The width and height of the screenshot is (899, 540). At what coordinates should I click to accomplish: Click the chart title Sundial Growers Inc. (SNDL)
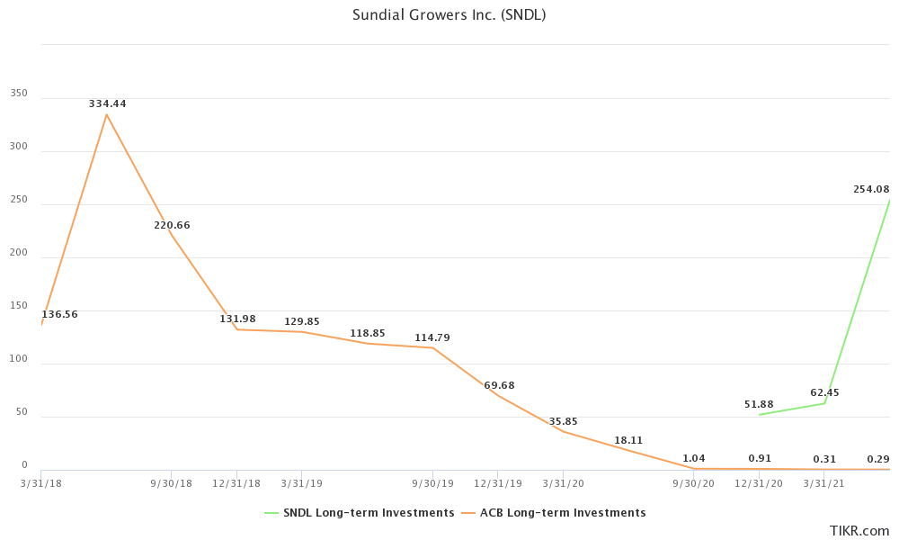(449, 14)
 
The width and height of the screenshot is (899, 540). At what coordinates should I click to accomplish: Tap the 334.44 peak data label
(107, 103)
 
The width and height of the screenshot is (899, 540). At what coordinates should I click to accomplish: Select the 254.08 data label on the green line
(871, 189)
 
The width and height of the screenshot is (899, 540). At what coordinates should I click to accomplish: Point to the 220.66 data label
(172, 225)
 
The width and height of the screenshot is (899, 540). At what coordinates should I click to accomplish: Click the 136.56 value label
(60, 314)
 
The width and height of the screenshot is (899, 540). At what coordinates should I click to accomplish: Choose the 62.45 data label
(824, 392)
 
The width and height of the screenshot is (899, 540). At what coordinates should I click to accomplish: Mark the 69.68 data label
(499, 385)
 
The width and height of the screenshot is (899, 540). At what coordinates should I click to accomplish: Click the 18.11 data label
(628, 440)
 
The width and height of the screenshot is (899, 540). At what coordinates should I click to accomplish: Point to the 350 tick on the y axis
(19, 94)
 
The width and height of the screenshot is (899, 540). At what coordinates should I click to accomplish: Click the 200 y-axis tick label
(19, 253)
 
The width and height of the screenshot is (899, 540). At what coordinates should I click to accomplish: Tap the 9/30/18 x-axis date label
(172, 483)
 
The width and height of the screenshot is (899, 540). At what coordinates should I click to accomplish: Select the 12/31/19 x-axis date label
(499, 483)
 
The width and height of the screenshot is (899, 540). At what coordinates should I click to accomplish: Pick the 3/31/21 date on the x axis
(824, 483)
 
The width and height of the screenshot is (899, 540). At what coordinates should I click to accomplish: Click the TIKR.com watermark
(860, 531)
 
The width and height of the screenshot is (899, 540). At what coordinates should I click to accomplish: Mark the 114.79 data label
(432, 337)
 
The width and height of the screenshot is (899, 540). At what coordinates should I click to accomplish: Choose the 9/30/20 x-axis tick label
(694, 483)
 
